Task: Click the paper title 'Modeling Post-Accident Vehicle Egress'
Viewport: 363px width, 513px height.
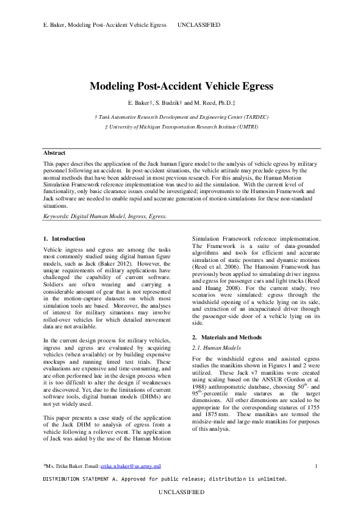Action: pyautogui.click(x=181, y=87)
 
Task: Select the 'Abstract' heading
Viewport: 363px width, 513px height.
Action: pyautogui.click(x=55, y=152)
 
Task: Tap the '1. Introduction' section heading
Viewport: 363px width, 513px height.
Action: pyautogui.click(x=65, y=238)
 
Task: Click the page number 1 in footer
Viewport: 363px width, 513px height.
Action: pyautogui.click(x=316, y=465)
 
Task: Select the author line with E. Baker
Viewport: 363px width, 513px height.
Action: pyautogui.click(x=181, y=103)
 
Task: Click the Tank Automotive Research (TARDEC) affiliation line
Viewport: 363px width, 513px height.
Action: pyautogui.click(x=181, y=116)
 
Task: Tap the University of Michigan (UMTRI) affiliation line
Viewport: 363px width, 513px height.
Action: pyautogui.click(x=181, y=126)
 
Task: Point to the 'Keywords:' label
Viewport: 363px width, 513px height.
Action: pyautogui.click(x=58, y=216)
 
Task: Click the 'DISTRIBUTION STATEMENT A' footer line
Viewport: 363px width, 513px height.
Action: pyautogui.click(x=164, y=479)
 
